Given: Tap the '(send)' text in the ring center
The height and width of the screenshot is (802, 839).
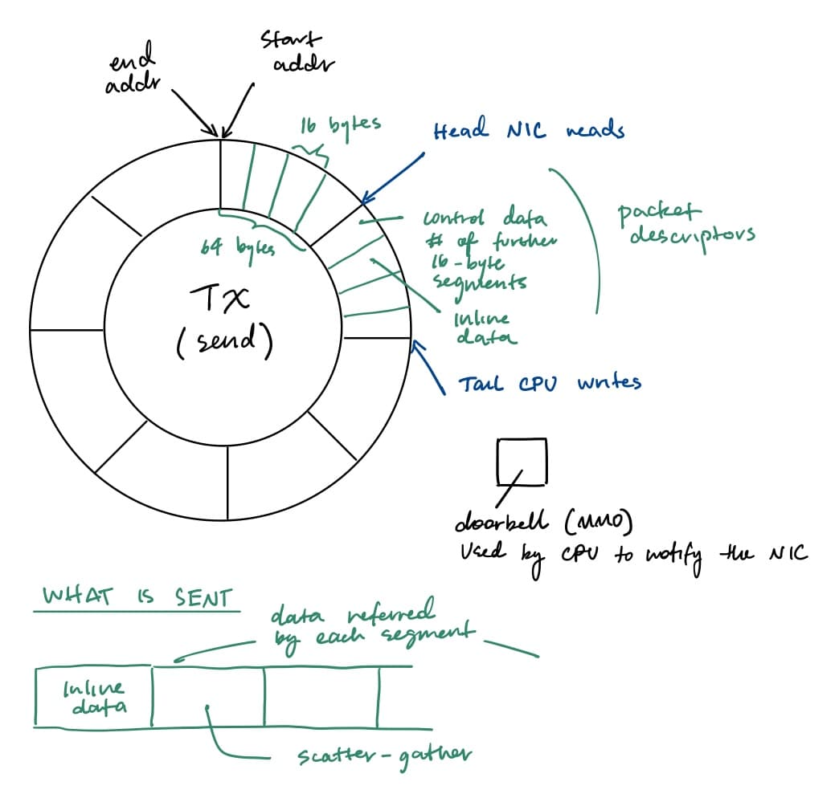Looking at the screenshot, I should [224, 343].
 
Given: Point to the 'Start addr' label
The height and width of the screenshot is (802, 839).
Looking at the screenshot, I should [293, 51].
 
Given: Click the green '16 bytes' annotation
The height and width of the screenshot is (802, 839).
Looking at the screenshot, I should [340, 126].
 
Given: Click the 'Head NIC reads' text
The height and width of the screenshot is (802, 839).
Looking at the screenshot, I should [528, 131].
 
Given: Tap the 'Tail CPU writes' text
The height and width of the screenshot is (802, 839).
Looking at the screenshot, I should [550, 384].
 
